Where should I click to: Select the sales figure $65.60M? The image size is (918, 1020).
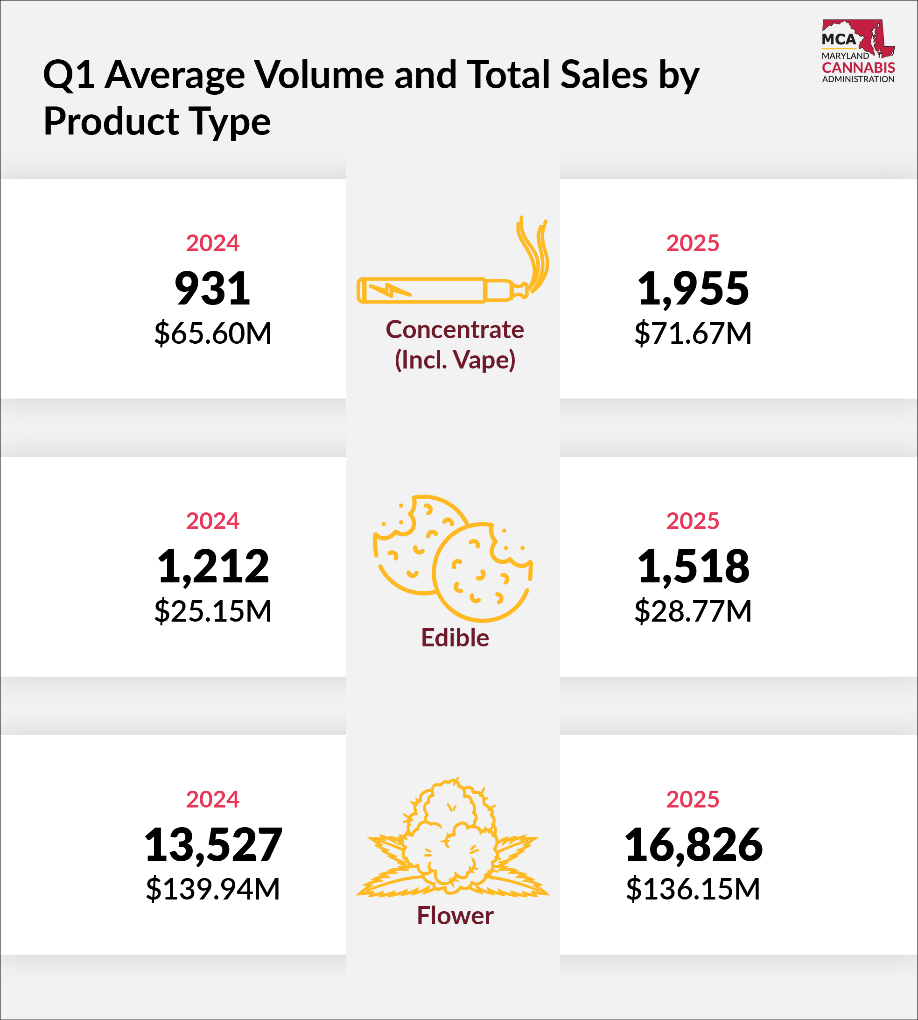(213, 333)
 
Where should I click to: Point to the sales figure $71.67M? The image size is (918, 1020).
(693, 333)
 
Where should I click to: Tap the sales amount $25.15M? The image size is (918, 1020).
(213, 611)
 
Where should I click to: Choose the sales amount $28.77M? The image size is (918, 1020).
(693, 611)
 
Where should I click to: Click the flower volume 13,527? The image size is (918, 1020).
(213, 844)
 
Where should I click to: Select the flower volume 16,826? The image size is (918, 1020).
(693, 844)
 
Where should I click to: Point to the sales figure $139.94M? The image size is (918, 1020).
(213, 889)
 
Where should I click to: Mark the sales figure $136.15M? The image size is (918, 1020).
(693, 889)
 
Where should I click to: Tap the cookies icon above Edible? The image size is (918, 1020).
(452, 558)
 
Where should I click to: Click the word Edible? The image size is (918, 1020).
(455, 638)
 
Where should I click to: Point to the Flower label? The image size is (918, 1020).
(455, 915)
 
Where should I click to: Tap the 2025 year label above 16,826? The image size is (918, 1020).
(693, 800)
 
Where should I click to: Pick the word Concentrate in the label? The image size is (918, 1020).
(455, 330)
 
